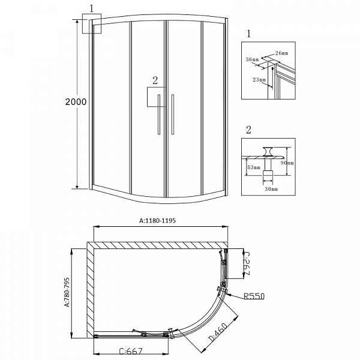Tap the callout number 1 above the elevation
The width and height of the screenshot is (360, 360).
[x=91, y=9]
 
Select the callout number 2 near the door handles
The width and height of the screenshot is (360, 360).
[x=155, y=80]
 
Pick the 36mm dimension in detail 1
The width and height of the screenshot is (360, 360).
[x=252, y=59]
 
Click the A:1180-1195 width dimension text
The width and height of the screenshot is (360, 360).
[x=160, y=220]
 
